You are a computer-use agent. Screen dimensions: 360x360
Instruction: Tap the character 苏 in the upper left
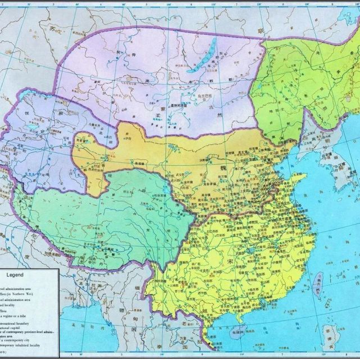(x=54, y=28)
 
